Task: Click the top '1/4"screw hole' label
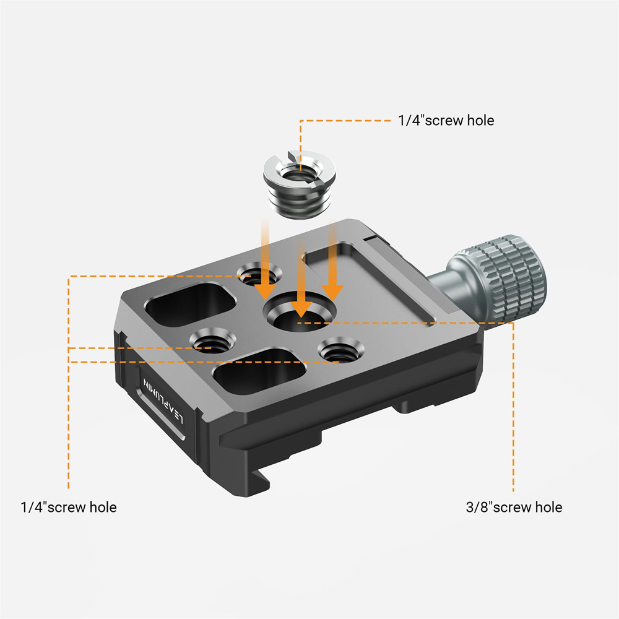446,120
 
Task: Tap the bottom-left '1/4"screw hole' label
68,507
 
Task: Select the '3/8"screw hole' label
514,507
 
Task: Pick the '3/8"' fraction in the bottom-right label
478,507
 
